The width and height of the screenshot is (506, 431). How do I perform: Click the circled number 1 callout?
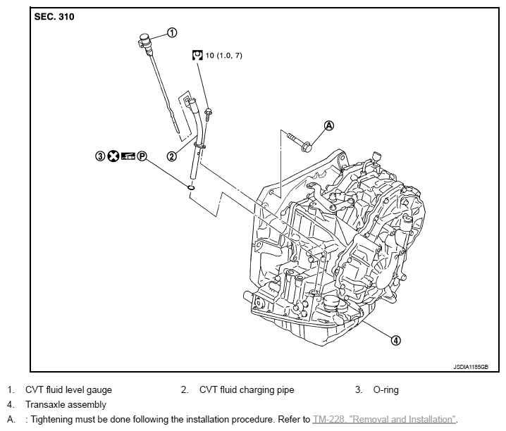tap(172, 32)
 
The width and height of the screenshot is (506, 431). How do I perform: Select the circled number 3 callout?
tap(101, 156)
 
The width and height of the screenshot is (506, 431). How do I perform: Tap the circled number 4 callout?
tap(396, 340)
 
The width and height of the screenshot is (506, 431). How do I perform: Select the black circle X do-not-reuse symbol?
tap(114, 156)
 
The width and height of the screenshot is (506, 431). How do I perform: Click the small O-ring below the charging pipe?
tap(191, 187)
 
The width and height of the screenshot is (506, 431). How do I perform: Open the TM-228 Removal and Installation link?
tap(385, 420)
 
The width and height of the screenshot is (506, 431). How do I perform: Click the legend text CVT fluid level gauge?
tap(68, 389)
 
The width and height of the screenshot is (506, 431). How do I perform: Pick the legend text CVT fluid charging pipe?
tap(247, 389)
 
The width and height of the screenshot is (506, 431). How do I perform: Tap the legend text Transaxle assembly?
tap(66, 405)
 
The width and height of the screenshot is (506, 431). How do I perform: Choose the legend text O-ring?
tap(385, 389)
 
